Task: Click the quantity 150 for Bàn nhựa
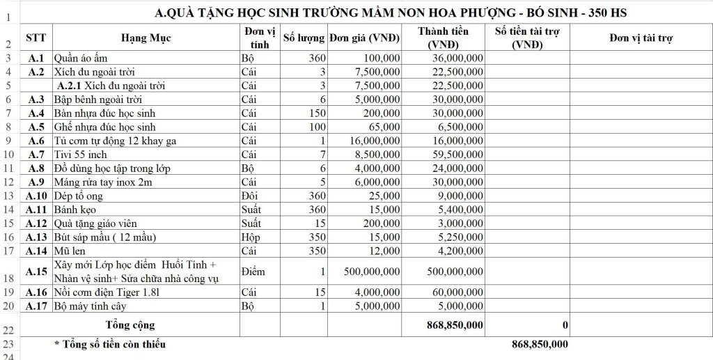pyautogui.click(x=317, y=114)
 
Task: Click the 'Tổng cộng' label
pyautogui.click(x=130, y=324)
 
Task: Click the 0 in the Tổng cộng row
pyautogui.click(x=565, y=325)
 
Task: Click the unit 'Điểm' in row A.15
pyautogui.click(x=252, y=271)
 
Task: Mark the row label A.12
pyautogui.click(x=36, y=224)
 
